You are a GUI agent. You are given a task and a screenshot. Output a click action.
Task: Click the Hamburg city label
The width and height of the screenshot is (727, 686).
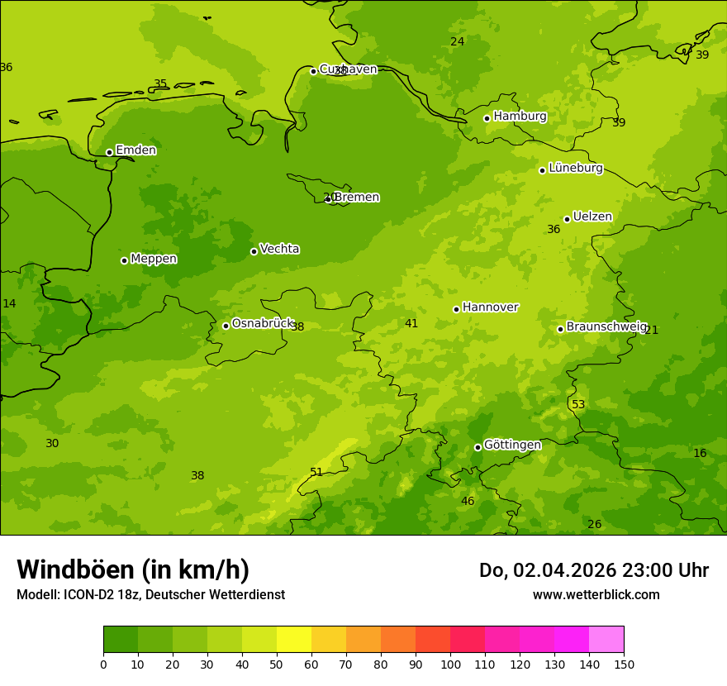[x=520, y=117]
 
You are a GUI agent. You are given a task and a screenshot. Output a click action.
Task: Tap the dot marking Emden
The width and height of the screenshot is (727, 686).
[x=109, y=152]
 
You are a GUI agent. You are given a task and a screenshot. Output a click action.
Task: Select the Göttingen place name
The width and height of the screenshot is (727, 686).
[x=512, y=445]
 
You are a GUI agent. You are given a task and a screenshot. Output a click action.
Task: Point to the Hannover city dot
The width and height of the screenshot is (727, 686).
[x=456, y=309]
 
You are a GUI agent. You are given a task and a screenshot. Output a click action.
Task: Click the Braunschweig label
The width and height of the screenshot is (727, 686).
[x=606, y=327]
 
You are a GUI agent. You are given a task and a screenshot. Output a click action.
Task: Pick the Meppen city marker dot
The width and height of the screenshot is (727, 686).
[x=124, y=260]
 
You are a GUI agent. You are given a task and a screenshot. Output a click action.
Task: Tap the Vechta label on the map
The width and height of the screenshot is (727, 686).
[x=279, y=249]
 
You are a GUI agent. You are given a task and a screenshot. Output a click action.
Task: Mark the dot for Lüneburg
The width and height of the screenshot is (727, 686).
[x=542, y=170]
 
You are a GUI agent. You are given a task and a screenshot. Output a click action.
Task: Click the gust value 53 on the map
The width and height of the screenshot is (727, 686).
[x=578, y=404]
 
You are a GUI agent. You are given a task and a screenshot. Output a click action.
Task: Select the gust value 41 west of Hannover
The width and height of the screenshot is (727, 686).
[x=411, y=323]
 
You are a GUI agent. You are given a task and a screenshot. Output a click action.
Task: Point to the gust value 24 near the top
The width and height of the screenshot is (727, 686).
[x=457, y=41]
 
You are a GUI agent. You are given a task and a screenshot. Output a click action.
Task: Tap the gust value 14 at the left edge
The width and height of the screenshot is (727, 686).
[x=9, y=303]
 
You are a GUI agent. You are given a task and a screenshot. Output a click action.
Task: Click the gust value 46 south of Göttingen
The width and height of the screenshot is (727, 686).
[x=468, y=501]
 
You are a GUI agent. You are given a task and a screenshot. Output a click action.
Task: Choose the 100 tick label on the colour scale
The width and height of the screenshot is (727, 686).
[x=450, y=664]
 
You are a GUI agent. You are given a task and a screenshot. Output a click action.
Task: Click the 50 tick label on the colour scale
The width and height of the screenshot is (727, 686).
[x=277, y=664]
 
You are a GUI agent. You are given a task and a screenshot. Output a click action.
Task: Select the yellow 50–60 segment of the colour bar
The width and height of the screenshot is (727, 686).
[x=294, y=640]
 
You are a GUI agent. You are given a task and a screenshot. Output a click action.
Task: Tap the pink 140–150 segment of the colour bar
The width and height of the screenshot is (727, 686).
[x=606, y=640]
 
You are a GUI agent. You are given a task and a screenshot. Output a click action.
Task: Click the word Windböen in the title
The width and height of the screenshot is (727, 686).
[x=75, y=569]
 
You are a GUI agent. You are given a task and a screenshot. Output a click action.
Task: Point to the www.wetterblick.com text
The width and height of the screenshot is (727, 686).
[x=596, y=594]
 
